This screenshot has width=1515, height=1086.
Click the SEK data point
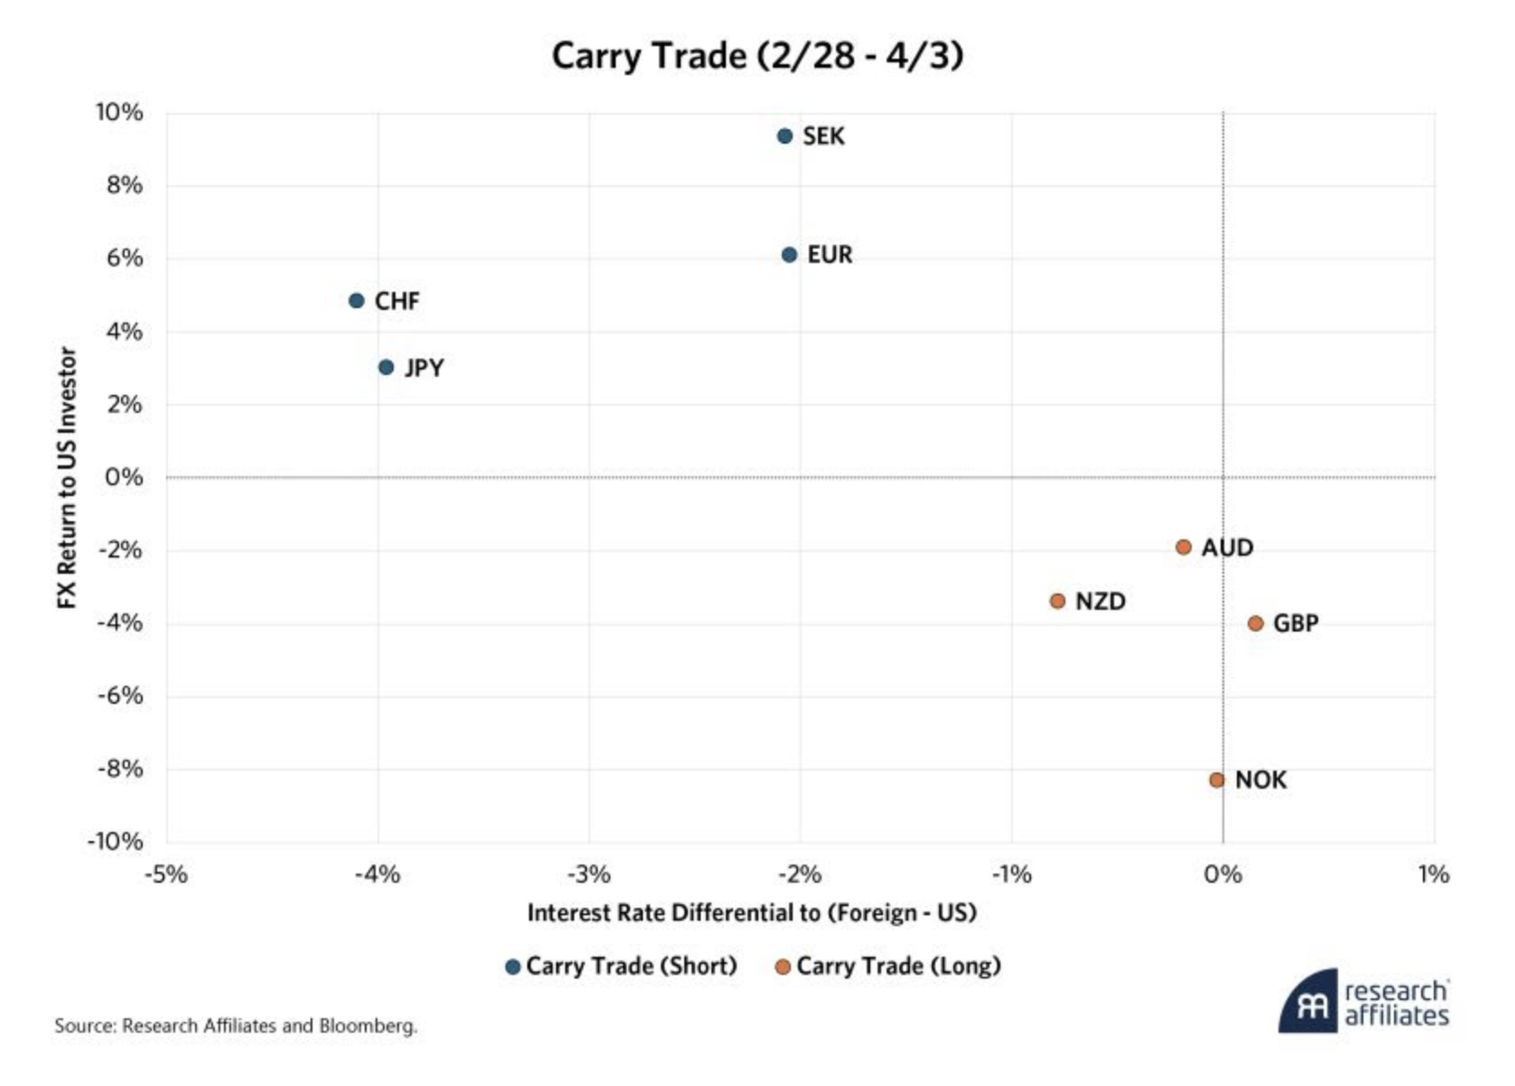tap(785, 136)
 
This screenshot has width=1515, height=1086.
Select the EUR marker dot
tap(789, 256)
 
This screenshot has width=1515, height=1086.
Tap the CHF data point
tap(357, 301)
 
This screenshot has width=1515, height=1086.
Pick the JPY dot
tap(386, 368)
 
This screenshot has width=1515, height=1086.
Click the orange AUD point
tap(1184, 548)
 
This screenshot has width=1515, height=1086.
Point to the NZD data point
tap(1058, 602)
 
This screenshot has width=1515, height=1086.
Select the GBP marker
tap(1255, 623)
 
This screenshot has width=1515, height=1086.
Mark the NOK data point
tap(1217, 780)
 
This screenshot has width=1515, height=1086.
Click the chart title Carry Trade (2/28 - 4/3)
tap(757, 56)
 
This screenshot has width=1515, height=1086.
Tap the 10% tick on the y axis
tap(119, 113)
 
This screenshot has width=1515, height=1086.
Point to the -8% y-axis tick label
tap(119, 769)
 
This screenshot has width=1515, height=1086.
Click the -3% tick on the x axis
tap(589, 875)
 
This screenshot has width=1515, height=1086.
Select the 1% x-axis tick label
tap(1433, 875)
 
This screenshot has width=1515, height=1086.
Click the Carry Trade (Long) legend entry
tap(888, 966)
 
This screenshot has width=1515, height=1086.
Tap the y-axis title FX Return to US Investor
tap(67, 477)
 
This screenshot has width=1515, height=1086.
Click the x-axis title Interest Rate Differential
tap(751, 913)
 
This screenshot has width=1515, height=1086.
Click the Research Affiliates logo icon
tap(1308, 1002)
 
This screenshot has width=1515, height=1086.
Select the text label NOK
tap(1260, 780)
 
